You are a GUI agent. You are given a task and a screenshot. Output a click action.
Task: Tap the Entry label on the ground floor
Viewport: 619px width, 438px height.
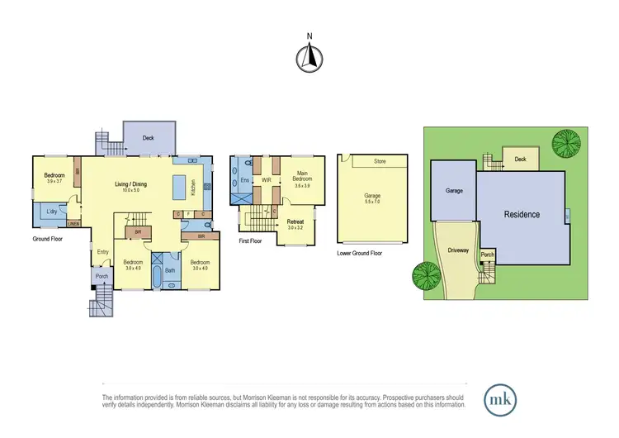tap(102, 252)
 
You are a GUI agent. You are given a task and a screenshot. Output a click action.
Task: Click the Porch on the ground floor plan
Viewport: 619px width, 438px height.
tap(102, 277)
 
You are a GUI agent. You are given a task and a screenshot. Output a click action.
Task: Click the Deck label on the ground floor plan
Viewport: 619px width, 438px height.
tap(149, 138)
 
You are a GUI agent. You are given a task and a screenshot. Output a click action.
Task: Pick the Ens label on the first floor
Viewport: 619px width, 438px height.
tap(244, 179)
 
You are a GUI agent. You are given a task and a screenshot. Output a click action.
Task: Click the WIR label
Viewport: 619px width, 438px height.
tap(267, 179)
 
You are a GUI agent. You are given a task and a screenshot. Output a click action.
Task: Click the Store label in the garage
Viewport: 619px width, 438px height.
tap(380, 161)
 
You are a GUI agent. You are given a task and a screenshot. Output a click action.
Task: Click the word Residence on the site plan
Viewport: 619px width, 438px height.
tap(522, 215)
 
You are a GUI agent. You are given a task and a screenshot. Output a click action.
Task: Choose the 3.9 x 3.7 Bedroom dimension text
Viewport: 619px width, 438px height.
tap(54, 182)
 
